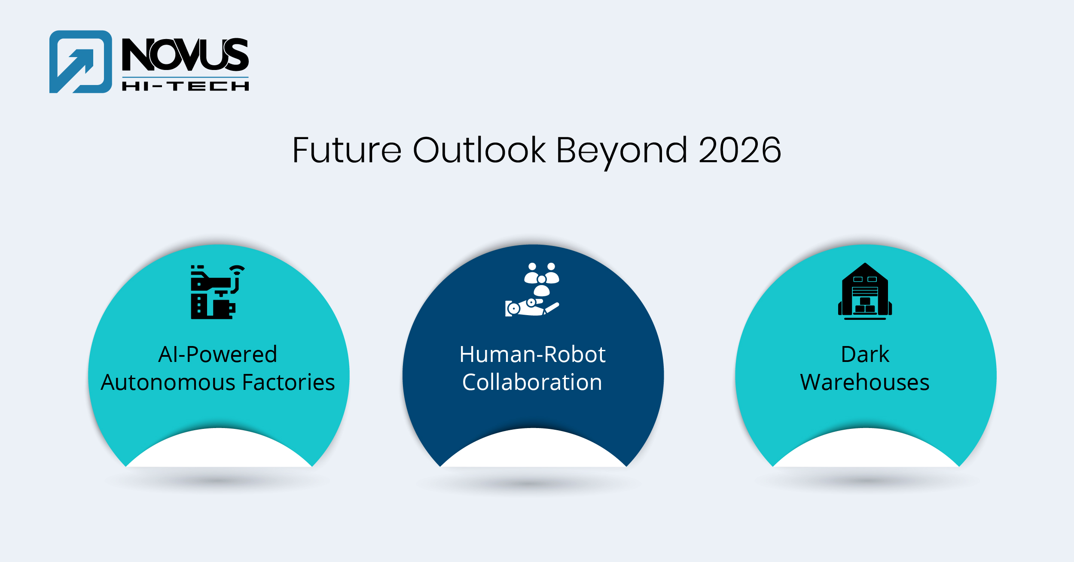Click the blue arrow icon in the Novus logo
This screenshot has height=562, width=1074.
(80, 62)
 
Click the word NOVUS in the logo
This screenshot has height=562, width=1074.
(185, 55)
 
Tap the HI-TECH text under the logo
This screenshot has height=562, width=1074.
(185, 86)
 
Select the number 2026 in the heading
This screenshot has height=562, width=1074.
(739, 150)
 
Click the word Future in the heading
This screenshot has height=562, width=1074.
(347, 150)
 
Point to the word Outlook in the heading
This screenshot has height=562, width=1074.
(479, 150)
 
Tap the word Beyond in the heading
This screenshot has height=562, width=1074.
(622, 150)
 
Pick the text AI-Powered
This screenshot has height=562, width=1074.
(218, 355)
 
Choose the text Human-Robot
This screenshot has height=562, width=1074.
(532, 355)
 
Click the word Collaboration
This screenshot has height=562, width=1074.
(532, 382)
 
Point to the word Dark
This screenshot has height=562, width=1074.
(865, 355)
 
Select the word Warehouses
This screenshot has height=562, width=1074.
(865, 382)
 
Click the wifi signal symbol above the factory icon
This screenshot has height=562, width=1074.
(237, 270)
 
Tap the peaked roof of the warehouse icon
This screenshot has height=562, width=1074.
(865, 270)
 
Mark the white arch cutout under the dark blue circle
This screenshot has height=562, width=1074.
(533, 451)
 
